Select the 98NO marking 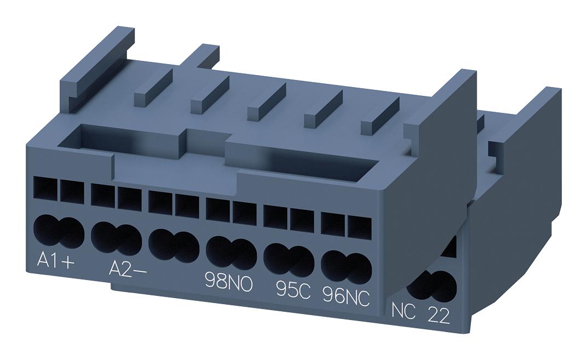(228, 281)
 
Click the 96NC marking (346, 296)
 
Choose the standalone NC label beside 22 (405, 310)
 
